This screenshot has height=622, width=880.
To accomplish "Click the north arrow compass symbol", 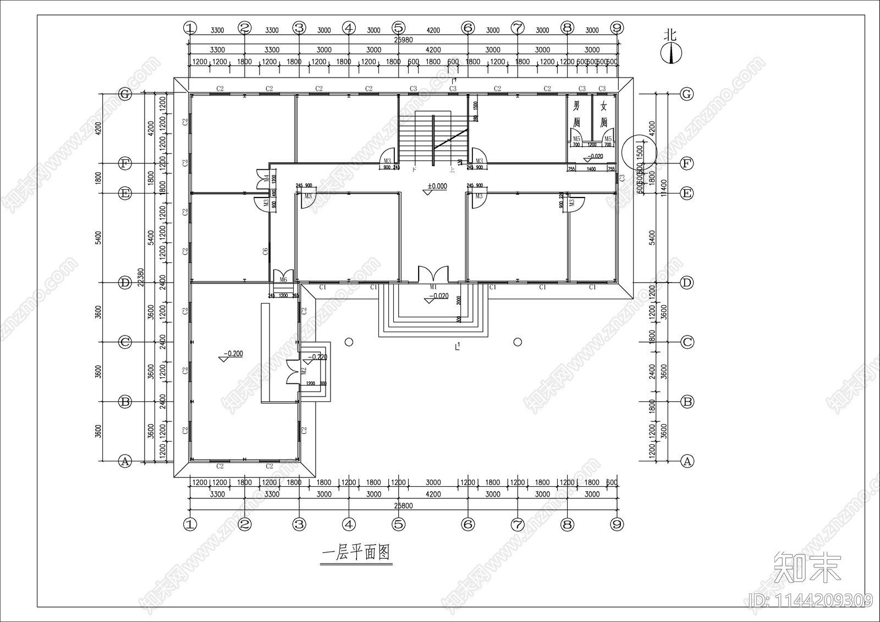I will [670, 52].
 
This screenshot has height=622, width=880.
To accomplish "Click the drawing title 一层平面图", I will [356, 552].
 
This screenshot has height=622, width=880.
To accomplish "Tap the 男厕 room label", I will [576, 113].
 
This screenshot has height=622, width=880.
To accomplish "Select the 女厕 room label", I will [603, 114].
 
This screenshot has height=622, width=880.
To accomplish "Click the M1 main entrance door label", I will [433, 287].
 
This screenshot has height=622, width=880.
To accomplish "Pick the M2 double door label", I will [303, 371].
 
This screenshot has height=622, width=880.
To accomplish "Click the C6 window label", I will [265, 252].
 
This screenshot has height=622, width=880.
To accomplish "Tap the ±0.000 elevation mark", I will [437, 186].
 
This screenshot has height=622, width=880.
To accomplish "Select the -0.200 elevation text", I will [233, 354].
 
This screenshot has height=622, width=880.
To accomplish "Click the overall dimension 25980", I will [403, 40].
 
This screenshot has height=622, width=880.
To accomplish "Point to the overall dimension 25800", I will [403, 505].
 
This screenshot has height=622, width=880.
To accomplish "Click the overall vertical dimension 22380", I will [141, 278].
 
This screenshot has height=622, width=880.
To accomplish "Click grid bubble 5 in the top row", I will [399, 27].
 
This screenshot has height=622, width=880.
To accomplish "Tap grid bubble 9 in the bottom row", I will [617, 525].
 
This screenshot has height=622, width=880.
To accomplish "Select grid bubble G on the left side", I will [125, 94].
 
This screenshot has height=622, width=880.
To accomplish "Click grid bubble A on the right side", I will [687, 461].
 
